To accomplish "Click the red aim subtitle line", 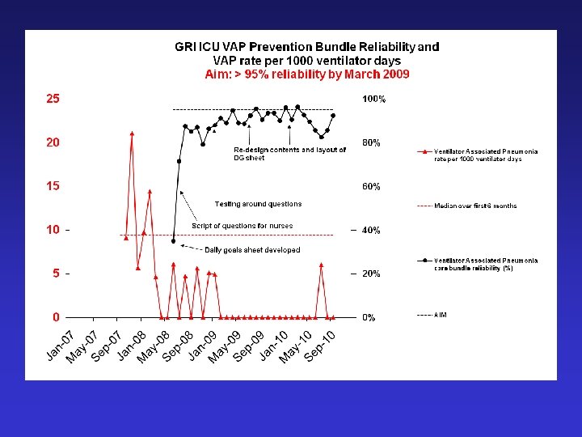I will tap(306, 74).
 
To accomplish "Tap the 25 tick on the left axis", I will tap(52, 99).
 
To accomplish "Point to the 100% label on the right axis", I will tap(373, 100).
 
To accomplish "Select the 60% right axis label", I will tap(371, 187).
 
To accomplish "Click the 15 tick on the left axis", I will tap(52, 186).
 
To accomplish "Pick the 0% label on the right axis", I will tap(368, 318).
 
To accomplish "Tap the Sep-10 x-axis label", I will tap(320, 346).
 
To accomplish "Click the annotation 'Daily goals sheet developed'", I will tap(252, 250).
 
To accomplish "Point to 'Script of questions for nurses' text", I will tap(242, 226).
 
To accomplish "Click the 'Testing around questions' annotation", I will tap(258, 204).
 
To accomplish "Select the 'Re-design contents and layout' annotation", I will tap(289, 154).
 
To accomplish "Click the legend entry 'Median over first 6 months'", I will tap(475, 206).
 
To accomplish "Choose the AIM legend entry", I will tap(441, 314).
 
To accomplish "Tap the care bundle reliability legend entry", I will tap(485, 264).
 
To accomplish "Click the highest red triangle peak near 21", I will tap(132, 133).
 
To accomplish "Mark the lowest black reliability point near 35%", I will tap(174, 240).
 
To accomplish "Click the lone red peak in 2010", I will tap(322, 265).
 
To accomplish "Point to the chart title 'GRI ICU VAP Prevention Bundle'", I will tap(306, 48).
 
